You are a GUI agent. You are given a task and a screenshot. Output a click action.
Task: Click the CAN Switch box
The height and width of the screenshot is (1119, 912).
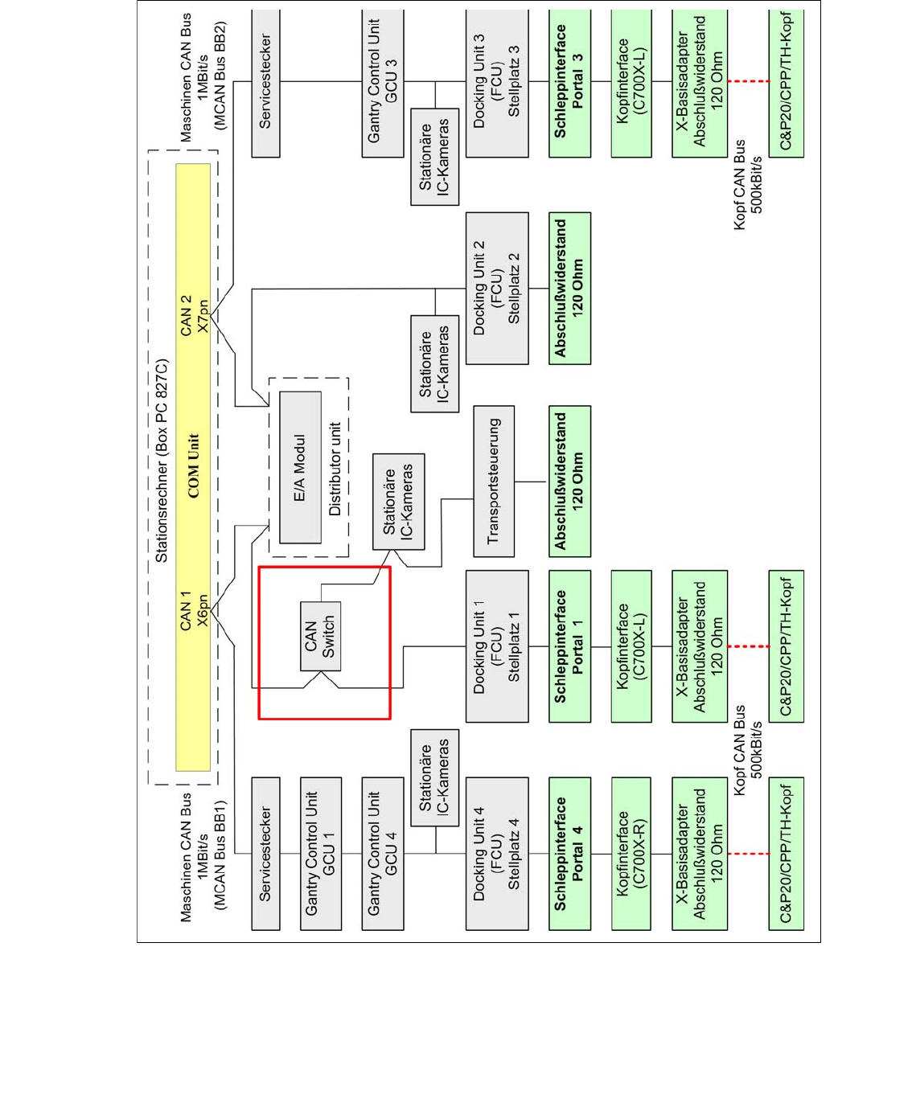(x=320, y=637)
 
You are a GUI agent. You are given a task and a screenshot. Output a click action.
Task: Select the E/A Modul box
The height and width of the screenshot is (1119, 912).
(x=300, y=467)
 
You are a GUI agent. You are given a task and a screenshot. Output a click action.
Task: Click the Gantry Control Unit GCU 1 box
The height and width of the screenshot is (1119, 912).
(x=320, y=853)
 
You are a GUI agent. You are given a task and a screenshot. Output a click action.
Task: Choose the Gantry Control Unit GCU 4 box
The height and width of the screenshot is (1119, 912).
(x=383, y=853)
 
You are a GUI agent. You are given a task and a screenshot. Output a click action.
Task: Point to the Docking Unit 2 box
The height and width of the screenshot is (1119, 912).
(x=496, y=288)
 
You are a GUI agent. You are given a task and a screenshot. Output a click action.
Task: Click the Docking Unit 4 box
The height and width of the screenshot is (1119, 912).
(x=496, y=853)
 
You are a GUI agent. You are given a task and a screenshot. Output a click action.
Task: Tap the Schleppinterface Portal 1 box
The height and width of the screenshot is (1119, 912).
(x=569, y=646)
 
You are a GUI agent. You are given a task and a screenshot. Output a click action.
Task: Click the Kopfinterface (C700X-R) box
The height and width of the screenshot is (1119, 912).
(x=631, y=853)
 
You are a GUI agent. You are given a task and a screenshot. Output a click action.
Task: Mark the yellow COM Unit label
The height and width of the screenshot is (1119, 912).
(x=193, y=466)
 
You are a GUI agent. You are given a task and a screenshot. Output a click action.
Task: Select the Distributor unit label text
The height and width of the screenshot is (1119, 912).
(x=335, y=468)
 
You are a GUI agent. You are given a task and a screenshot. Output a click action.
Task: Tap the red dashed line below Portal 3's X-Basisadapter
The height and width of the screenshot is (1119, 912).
(x=748, y=81)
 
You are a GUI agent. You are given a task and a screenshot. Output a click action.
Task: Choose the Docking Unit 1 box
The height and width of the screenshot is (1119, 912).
(x=496, y=646)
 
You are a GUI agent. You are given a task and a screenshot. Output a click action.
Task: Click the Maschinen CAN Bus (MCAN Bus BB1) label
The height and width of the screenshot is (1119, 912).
(x=203, y=856)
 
